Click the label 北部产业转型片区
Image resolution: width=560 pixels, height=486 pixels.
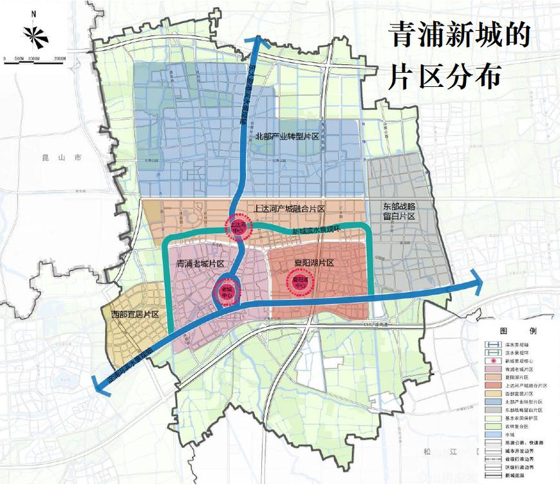[x=286, y=136]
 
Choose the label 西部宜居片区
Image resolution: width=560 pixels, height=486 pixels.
[x=135, y=314]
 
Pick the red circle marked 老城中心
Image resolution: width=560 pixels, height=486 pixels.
[x=227, y=290]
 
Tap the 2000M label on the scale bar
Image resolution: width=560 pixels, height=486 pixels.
[x=61, y=59]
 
